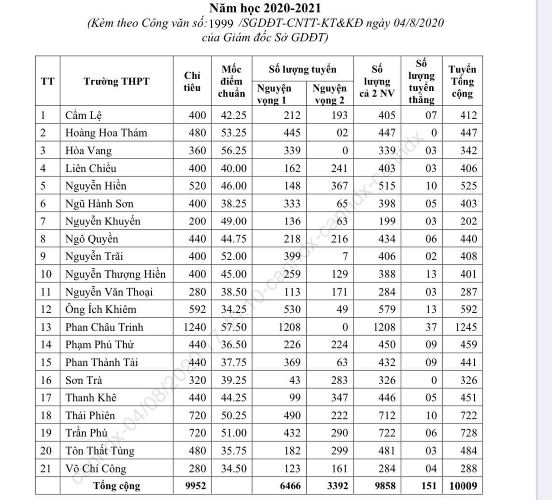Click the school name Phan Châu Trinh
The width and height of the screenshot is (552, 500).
pos(104,327)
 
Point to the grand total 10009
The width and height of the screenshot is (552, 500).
pos(463,486)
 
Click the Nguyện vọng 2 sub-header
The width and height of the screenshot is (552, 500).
pos(330,94)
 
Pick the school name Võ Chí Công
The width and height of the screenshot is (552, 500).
pos(96,468)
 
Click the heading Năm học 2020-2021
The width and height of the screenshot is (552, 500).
pos(265,8)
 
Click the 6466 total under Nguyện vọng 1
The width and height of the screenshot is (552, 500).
pos(288,486)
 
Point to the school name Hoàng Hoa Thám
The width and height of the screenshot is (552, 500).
pos(106,133)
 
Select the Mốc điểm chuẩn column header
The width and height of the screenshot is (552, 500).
pos(231,81)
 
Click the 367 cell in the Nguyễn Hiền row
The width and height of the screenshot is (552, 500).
pos(337,186)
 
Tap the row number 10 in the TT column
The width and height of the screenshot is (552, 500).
pos(46,274)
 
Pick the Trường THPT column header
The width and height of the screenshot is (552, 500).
pos(116,81)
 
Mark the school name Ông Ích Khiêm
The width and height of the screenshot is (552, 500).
pos(101,309)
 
